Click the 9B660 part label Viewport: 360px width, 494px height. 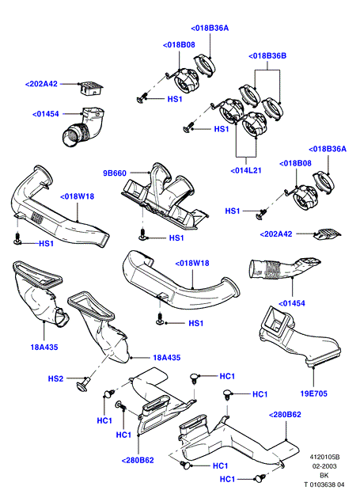pyautogui.click(x=115, y=173)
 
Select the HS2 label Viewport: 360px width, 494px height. pyautogui.click(x=55, y=378)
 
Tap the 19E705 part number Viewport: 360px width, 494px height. pyautogui.click(x=313, y=393)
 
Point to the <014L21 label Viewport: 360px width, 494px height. pyautogui.click(x=246, y=170)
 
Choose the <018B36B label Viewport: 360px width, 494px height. pyautogui.click(x=267, y=55)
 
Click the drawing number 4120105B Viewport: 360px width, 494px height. pyautogui.click(x=324, y=457)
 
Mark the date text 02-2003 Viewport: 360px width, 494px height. pyautogui.click(x=324, y=466)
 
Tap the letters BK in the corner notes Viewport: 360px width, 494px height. pyautogui.click(x=324, y=476)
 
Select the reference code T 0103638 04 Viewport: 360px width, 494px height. pyautogui.click(x=324, y=484)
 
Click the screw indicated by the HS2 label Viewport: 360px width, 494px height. pyautogui.click(x=82, y=385)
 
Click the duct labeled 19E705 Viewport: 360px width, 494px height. pyautogui.click(x=299, y=337)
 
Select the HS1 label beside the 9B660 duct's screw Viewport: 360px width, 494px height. pyautogui.click(x=176, y=237)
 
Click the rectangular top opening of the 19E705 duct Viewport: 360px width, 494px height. pyautogui.click(x=277, y=321)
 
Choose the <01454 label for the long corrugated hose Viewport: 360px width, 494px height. pyautogui.click(x=292, y=303)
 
